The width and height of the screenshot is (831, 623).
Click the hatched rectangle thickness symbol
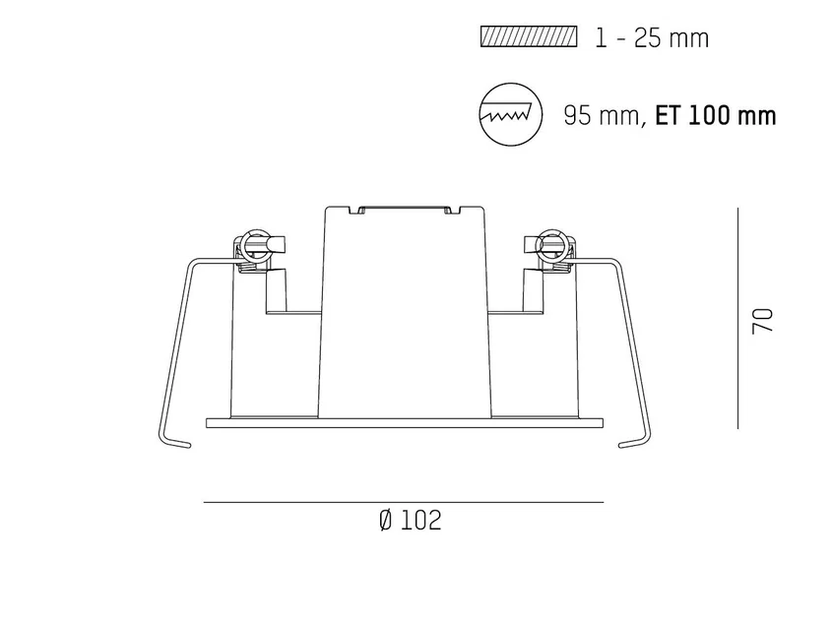point(529,36)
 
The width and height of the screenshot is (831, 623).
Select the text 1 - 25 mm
point(652,38)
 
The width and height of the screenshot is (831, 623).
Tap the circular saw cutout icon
point(511,114)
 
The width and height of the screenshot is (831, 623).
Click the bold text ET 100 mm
point(716,115)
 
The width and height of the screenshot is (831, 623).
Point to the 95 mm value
point(602,115)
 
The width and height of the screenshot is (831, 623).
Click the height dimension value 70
point(763,321)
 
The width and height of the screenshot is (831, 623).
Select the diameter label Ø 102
point(411,521)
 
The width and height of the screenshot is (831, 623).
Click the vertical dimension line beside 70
point(737,318)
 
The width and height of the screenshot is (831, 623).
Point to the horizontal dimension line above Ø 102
point(404,502)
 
